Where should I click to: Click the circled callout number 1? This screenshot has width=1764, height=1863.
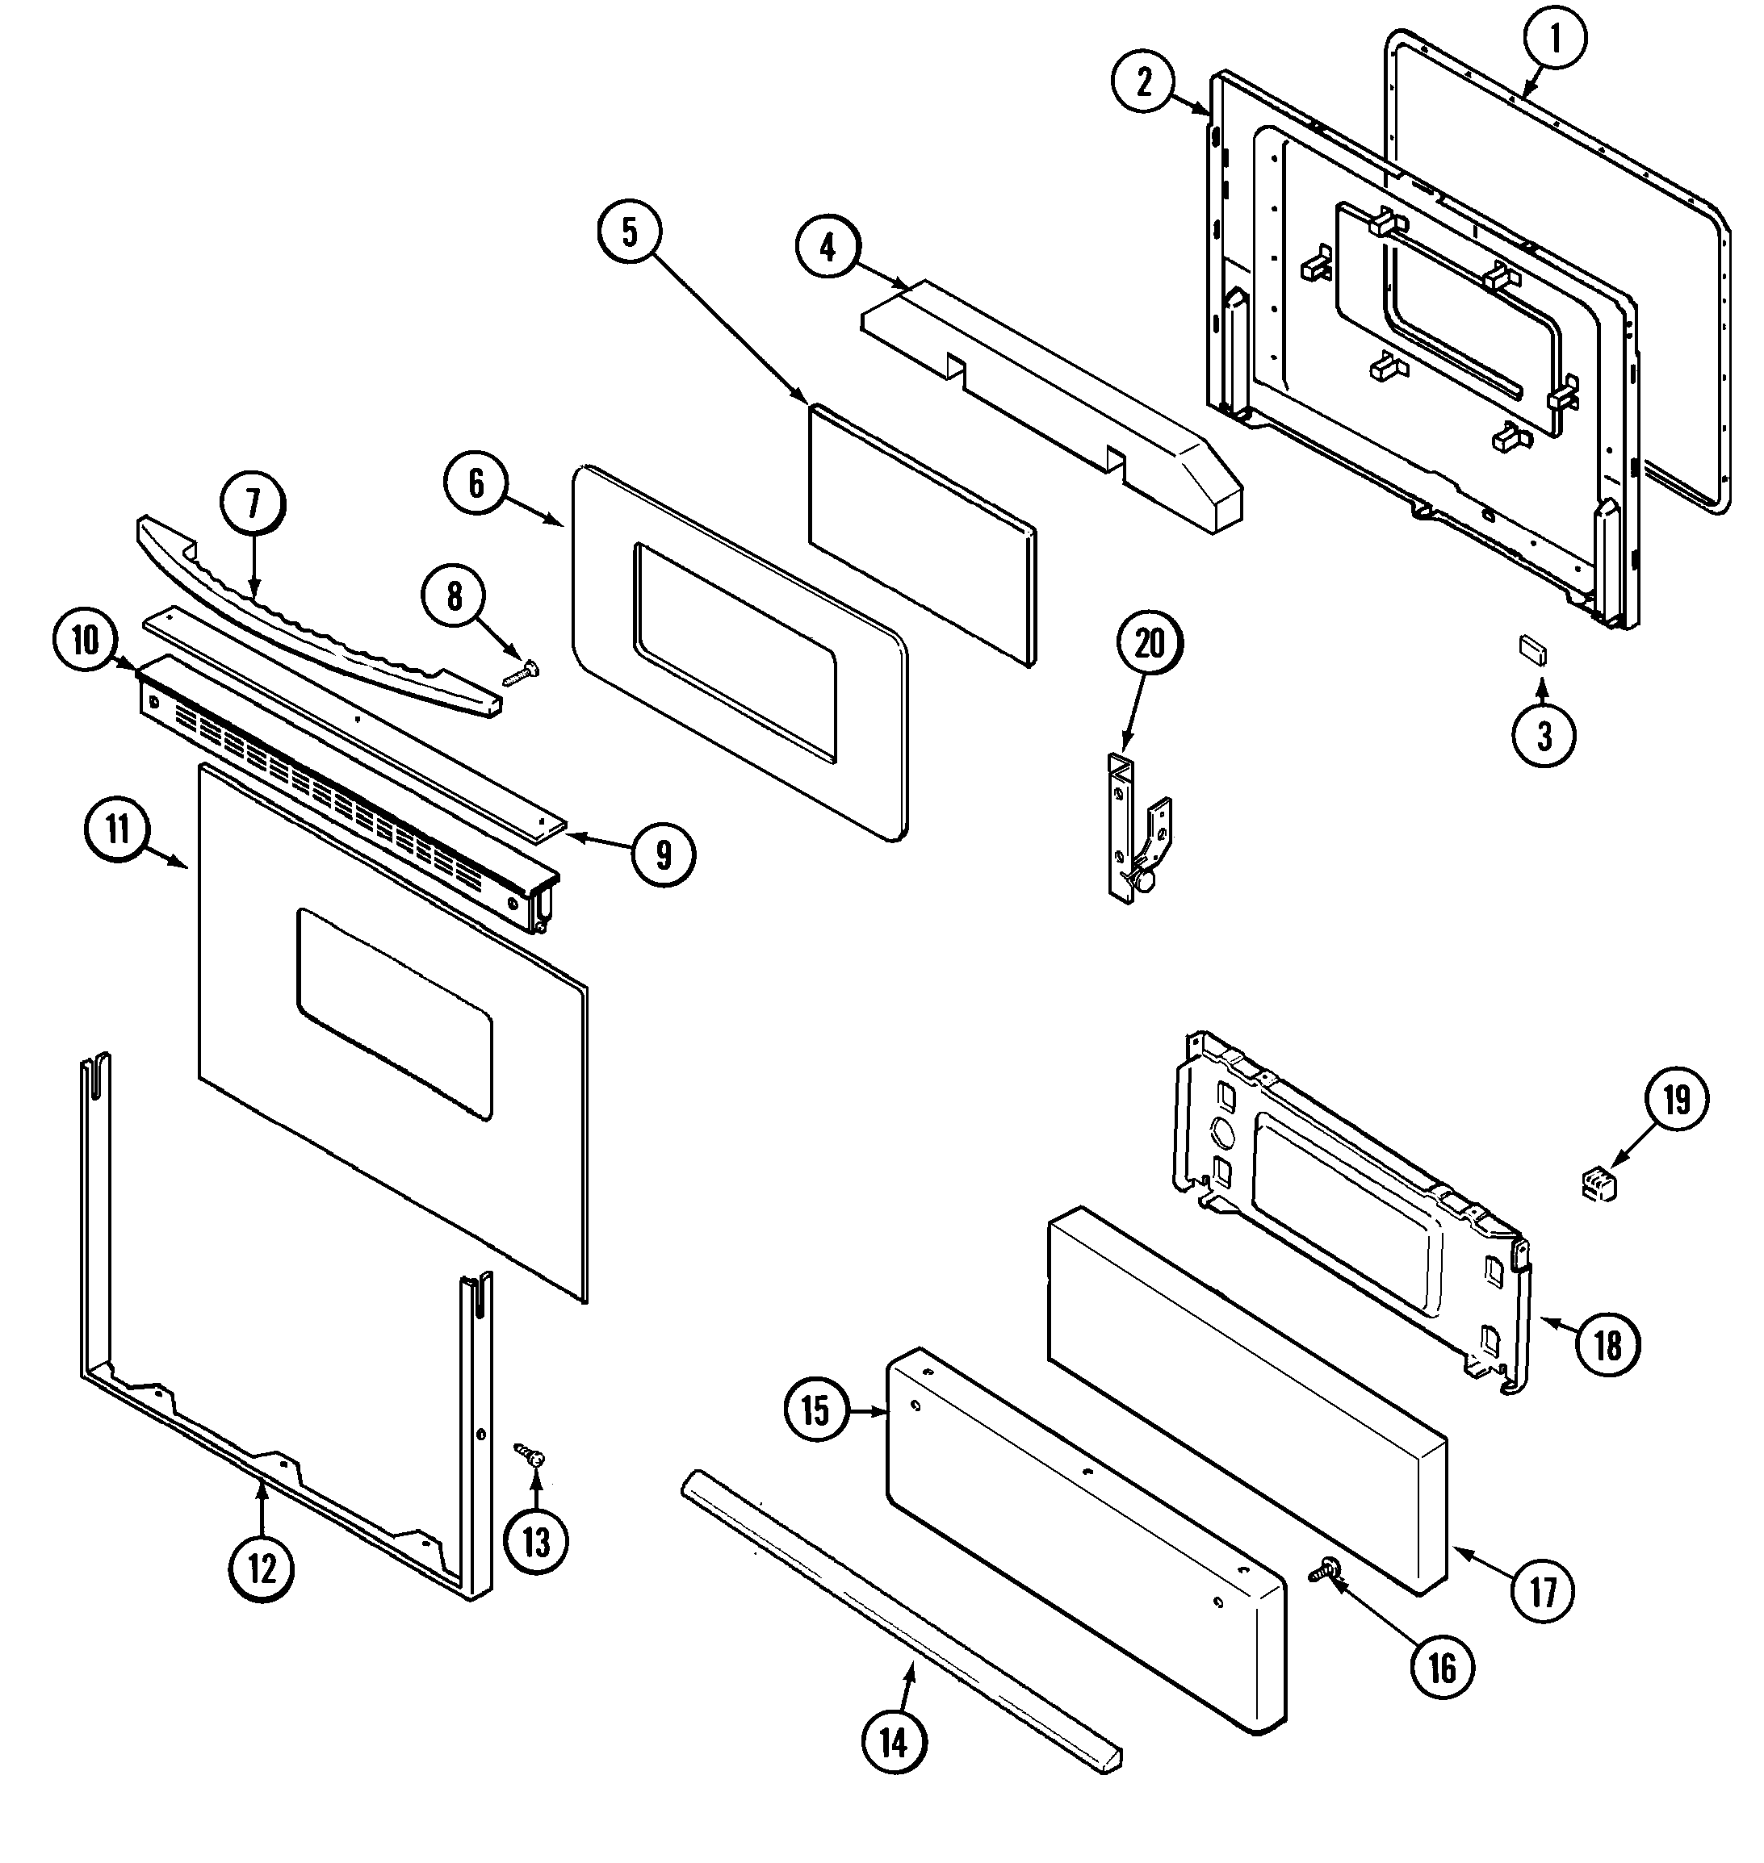pyautogui.click(x=1553, y=39)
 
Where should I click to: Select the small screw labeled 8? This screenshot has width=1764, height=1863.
pyautogui.click(x=520, y=673)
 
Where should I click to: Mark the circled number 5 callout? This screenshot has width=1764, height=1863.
pyautogui.click(x=629, y=232)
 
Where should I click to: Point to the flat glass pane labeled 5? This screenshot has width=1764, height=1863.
pyautogui.click(x=921, y=536)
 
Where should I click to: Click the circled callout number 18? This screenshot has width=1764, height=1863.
pyautogui.click(x=1608, y=1345)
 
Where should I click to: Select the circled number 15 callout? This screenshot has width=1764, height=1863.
pyautogui.click(x=816, y=1410)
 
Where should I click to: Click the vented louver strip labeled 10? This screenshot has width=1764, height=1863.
pyautogui.click(x=348, y=780)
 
